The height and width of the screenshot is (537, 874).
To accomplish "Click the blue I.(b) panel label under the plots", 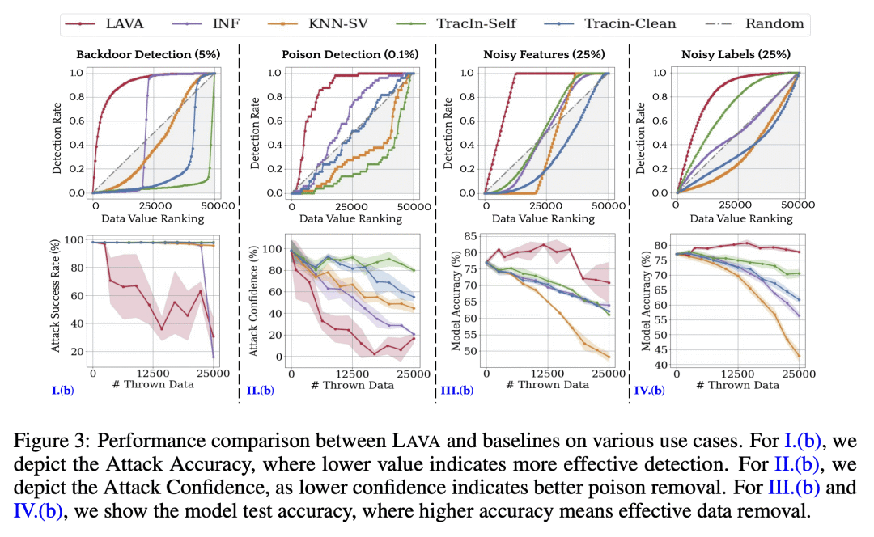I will tap(65, 391).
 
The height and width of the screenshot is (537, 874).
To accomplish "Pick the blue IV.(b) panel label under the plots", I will tap(647, 391).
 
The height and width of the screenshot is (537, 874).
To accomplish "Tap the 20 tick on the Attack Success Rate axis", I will tap(77, 351).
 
